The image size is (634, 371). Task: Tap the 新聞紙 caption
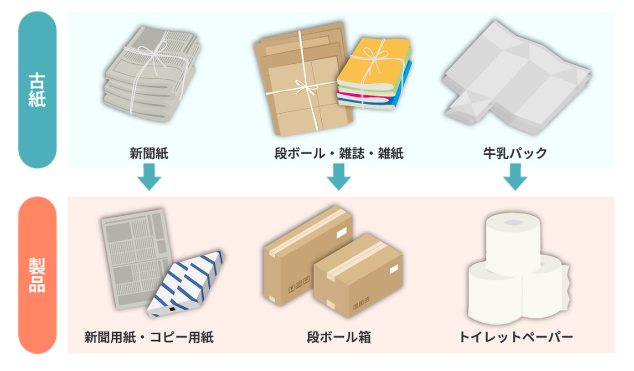(x=149, y=154)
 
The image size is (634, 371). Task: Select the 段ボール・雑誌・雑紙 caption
(x=339, y=154)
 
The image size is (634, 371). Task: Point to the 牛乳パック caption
(x=515, y=154)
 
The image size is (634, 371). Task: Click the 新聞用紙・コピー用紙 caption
(x=149, y=337)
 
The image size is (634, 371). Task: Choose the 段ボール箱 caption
(x=339, y=337)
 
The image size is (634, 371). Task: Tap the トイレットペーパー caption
(x=516, y=337)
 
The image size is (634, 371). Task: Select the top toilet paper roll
(x=512, y=244)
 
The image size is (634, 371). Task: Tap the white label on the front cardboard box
(x=394, y=270)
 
